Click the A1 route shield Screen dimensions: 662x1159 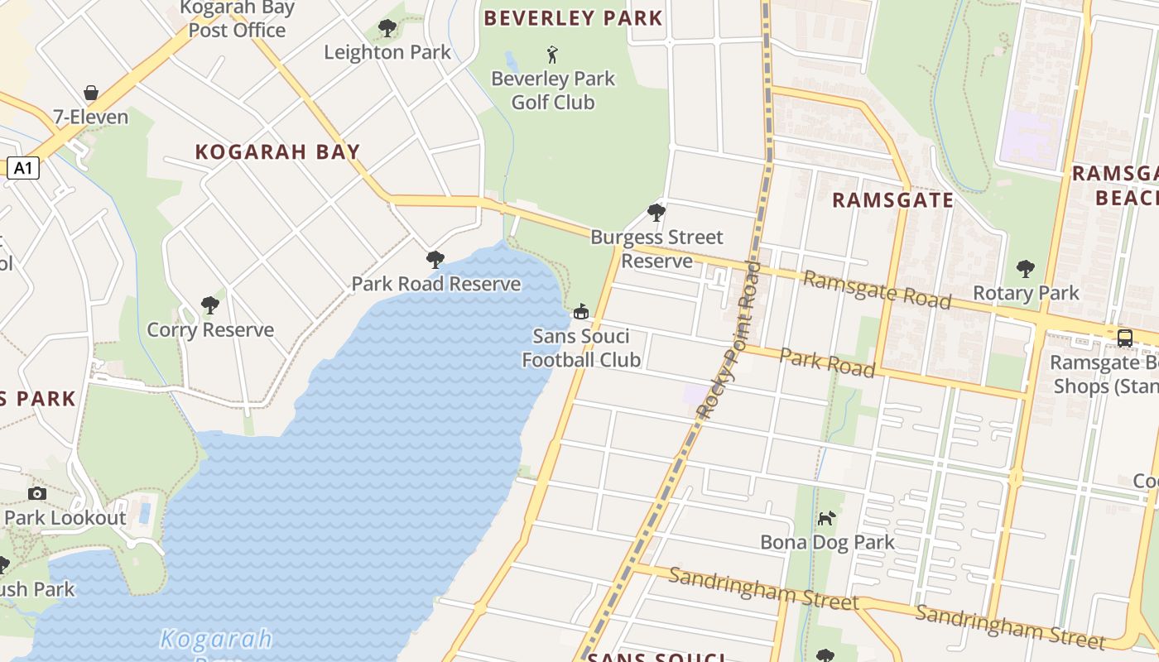(24, 169)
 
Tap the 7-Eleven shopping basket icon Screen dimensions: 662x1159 (91, 93)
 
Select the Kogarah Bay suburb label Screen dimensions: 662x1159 (277, 152)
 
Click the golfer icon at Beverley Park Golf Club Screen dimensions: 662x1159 (553, 55)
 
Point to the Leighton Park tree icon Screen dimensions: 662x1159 (387, 29)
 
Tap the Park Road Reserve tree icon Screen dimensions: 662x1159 (435, 260)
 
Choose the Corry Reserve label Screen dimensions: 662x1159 (210, 330)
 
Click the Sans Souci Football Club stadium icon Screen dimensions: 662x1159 (581, 312)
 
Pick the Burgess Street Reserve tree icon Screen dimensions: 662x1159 (656, 213)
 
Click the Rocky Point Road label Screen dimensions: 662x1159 (729, 339)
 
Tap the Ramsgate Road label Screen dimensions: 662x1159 (877, 290)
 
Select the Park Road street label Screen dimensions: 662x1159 (827, 362)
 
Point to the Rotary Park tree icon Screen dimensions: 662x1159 (1026, 269)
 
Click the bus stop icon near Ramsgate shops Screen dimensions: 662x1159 (1125, 338)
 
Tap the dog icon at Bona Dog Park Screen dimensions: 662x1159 (827, 518)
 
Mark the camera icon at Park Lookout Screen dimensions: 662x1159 (37, 494)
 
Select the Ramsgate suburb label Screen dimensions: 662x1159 (892, 200)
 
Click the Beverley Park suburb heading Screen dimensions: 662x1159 (573, 18)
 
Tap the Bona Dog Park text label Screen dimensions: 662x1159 (827, 543)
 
